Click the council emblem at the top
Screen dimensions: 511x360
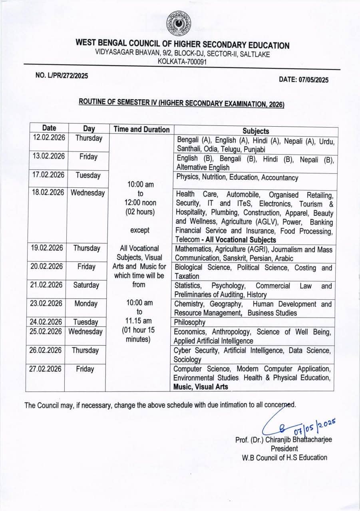[x=178, y=23]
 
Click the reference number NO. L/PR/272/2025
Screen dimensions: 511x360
[x=62, y=76]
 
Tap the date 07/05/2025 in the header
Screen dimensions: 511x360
[x=304, y=80]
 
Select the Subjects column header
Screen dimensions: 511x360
[x=256, y=131]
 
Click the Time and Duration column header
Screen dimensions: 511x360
[x=141, y=129]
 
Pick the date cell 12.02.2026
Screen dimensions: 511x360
[x=49, y=138]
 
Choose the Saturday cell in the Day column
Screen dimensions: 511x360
[x=86, y=285]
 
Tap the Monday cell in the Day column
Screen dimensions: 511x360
[x=86, y=304]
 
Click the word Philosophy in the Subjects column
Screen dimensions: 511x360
[x=189, y=322]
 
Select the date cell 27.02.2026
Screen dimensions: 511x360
[x=45, y=369]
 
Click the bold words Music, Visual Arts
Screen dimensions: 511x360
[x=201, y=386]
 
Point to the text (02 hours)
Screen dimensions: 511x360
[x=139, y=212]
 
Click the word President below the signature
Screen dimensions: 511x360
[x=284, y=449]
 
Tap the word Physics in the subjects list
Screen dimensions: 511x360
[x=188, y=177]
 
